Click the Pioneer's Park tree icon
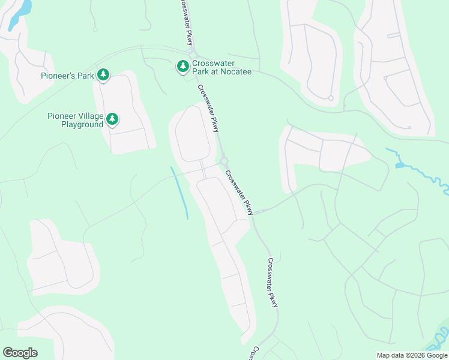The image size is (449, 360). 103,74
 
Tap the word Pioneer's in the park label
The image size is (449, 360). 60,76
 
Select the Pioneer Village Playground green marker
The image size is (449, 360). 112,120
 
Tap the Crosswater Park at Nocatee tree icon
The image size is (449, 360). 182,66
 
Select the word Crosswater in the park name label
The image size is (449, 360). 212,63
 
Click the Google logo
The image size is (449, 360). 20,353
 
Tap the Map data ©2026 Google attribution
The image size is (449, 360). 411,355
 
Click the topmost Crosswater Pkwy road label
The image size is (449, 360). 184,22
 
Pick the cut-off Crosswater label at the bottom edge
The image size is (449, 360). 255,352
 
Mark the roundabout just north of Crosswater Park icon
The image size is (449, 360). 193,55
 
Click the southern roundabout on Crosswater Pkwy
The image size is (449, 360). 224,161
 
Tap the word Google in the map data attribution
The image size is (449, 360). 433,355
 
